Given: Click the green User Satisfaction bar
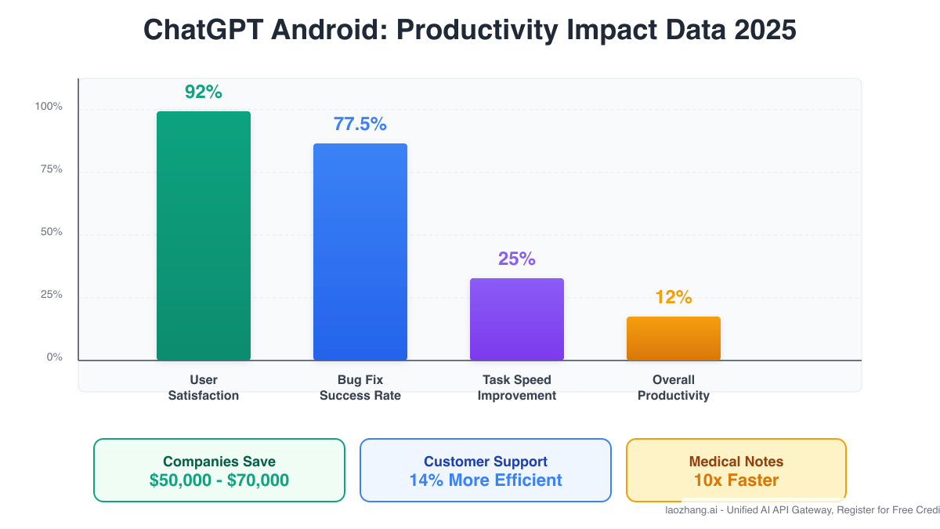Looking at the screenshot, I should tap(204, 235).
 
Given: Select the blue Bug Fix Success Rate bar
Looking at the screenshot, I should tap(360, 252).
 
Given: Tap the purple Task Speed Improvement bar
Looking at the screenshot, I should tap(517, 319).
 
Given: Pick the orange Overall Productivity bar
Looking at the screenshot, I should tap(674, 339).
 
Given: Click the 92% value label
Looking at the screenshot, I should tap(204, 92).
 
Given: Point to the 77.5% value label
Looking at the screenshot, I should tap(360, 124).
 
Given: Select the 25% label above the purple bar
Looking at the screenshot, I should tap(517, 259).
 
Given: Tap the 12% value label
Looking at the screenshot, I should tap(674, 297).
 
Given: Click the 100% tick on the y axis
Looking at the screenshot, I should tap(49, 107).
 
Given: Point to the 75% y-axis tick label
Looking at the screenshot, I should tap(51, 169).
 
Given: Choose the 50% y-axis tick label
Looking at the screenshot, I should tap(51, 232).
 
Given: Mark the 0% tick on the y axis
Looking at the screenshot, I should tap(54, 357).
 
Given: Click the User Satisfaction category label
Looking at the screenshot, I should tap(204, 388).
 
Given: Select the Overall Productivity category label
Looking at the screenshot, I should tap(674, 388).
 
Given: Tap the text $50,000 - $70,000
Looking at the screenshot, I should tap(219, 480).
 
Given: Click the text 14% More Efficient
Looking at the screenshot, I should tap(486, 480).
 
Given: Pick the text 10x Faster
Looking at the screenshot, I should tap(736, 480).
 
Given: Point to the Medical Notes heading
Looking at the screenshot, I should tap(736, 462).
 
